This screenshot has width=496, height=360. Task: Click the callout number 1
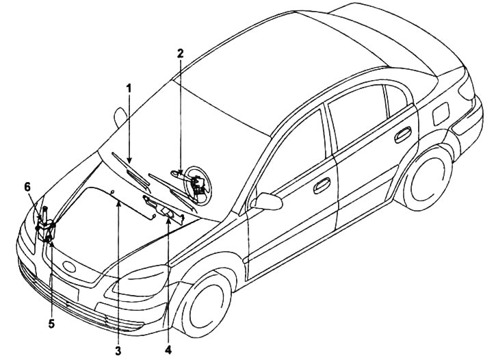click(x=129, y=88)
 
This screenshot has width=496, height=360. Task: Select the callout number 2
click(x=181, y=53)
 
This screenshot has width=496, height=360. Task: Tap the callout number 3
click(x=118, y=350)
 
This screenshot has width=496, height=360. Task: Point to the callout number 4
click(x=168, y=350)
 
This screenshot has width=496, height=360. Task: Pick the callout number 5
click(x=51, y=324)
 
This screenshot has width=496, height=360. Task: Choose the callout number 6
click(x=27, y=187)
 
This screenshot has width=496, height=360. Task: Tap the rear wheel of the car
click(x=430, y=180)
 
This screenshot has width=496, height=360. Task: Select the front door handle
click(x=322, y=185)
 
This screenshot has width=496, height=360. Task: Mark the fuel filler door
click(x=441, y=114)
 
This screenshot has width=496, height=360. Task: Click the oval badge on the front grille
click(x=69, y=266)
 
